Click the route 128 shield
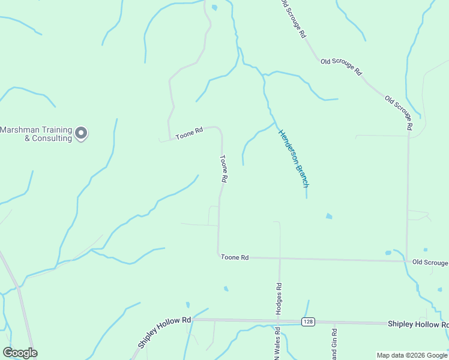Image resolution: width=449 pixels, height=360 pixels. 308,322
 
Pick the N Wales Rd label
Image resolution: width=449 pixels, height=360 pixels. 277,342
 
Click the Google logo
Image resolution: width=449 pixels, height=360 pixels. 20,353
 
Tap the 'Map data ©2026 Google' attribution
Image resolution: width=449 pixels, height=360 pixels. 412,355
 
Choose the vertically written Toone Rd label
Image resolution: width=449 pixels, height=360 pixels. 223,169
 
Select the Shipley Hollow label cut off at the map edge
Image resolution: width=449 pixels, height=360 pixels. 418,324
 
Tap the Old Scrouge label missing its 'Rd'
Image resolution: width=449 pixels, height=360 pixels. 430,262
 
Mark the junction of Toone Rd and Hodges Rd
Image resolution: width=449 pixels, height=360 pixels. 280,259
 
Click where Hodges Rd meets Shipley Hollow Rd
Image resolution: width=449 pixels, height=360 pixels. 280,321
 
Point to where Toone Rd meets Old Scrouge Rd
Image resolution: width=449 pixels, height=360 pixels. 408,261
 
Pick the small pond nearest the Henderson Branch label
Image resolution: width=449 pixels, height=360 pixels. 328,216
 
